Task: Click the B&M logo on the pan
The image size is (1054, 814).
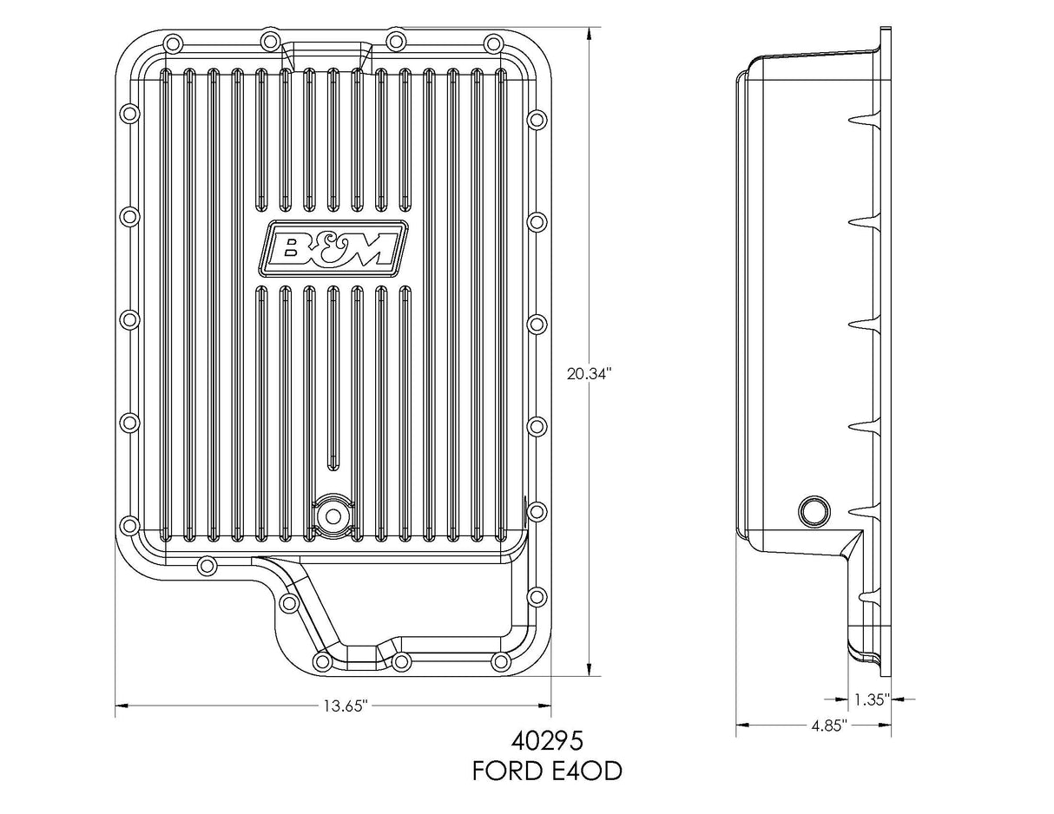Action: pos(333,246)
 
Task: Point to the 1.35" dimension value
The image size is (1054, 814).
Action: pos(870,699)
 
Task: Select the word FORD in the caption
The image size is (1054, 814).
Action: pos(509,771)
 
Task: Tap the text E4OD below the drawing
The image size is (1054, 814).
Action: pos(588,771)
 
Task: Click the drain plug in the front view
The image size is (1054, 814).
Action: pos(331,514)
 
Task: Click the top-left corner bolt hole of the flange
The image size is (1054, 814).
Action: pos(172,43)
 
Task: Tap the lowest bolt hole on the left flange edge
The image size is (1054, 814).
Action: pos(129,524)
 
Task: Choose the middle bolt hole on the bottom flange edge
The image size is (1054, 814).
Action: pos(400,662)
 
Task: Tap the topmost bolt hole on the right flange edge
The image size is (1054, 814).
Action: pos(537,119)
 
